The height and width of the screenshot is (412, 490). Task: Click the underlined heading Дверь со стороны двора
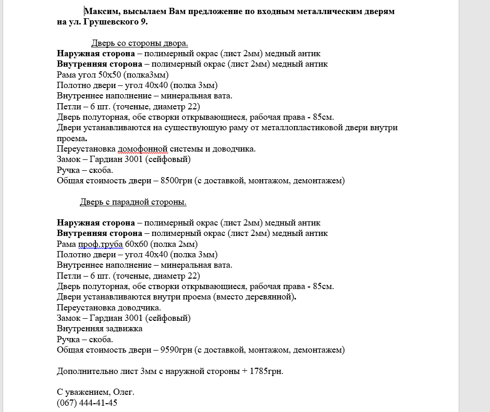(140, 43)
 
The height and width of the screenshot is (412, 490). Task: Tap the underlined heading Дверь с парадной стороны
(133, 202)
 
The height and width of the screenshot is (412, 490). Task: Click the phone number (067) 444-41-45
(87, 403)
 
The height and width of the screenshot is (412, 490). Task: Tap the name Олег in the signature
(124, 392)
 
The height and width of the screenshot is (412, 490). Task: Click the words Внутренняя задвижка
(100, 329)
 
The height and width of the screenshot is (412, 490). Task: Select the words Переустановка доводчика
(94, 308)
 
